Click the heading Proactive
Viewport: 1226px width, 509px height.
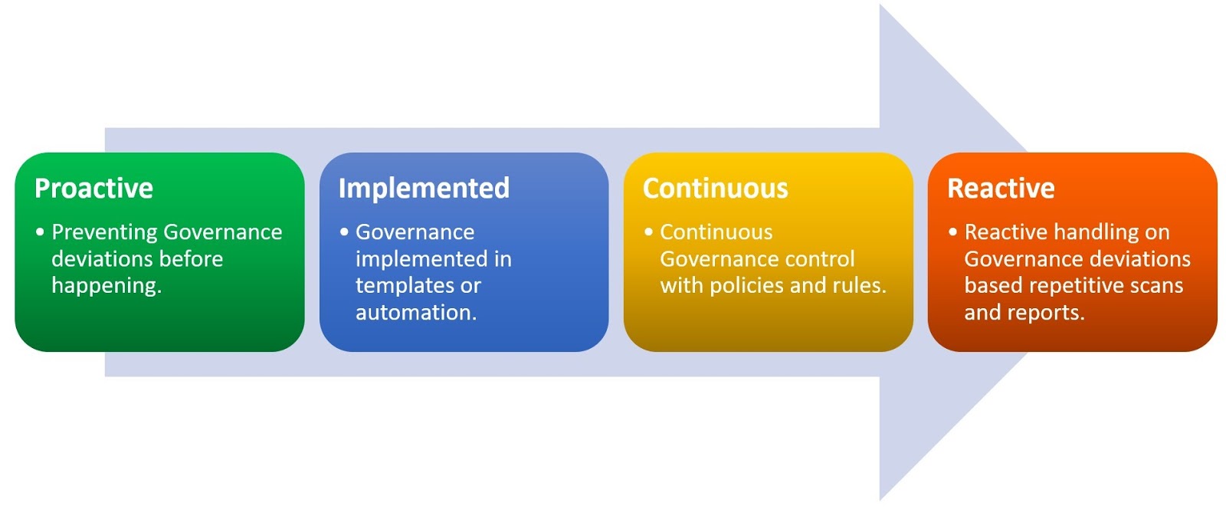(93, 189)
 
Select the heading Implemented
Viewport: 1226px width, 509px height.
(425, 189)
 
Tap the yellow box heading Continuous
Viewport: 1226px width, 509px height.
(716, 189)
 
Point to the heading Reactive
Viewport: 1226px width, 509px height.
(1001, 189)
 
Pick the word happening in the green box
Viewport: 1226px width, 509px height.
(107, 286)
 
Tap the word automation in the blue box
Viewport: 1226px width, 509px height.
(415, 313)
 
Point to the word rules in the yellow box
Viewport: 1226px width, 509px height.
(861, 285)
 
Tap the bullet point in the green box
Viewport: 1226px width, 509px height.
(39, 232)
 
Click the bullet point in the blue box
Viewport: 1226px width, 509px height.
(344, 232)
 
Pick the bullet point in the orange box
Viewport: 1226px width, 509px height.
(952, 232)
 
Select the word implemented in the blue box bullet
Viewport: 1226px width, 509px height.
(417, 259)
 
